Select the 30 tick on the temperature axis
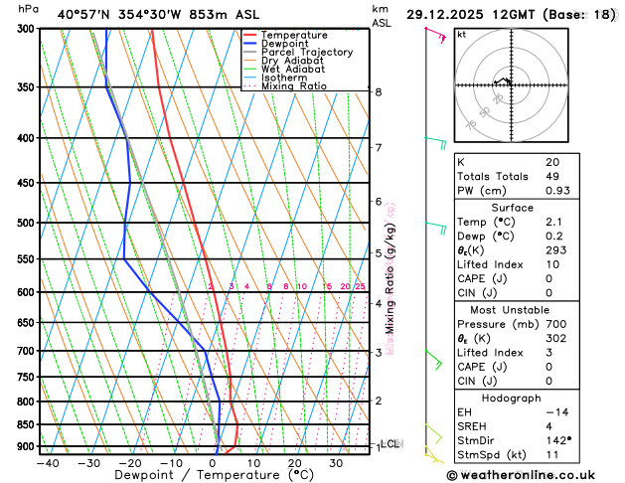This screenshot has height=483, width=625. (337, 462)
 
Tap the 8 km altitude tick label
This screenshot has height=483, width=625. (379, 91)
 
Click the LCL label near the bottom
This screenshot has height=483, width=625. (391, 444)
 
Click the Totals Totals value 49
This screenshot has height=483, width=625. (553, 176)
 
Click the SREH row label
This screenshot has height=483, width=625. (475, 426)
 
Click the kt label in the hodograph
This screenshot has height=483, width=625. (462, 34)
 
